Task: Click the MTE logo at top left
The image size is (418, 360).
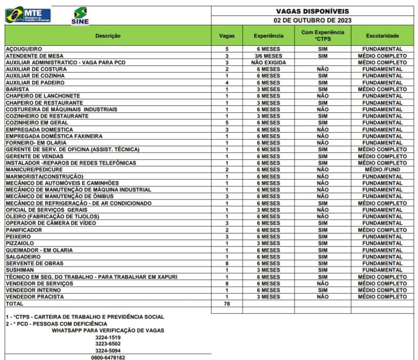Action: point(28,15)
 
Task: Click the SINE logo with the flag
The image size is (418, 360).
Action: point(80,16)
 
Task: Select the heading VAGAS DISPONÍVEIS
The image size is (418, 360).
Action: point(312,11)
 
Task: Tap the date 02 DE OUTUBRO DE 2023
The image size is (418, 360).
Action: point(312,20)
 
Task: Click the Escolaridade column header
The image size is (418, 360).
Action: point(382,36)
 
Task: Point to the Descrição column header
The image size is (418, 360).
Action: point(108,36)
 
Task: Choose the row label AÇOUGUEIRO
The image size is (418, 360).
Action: point(23,49)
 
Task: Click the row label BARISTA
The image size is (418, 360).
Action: point(17,89)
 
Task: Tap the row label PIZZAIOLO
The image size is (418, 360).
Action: point(20,243)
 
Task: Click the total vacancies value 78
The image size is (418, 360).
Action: point(227,304)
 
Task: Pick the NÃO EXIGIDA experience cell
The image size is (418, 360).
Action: point(268,63)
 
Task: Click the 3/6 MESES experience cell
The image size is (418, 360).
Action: point(268,56)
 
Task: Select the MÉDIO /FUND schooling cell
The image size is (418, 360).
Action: point(382,170)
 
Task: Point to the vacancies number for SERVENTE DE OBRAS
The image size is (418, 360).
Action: point(227,264)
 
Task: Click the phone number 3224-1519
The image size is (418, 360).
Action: point(108,337)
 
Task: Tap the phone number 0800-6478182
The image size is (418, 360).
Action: point(108,358)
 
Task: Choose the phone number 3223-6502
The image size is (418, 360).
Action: point(108,344)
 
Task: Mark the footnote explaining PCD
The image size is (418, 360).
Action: point(56,324)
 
